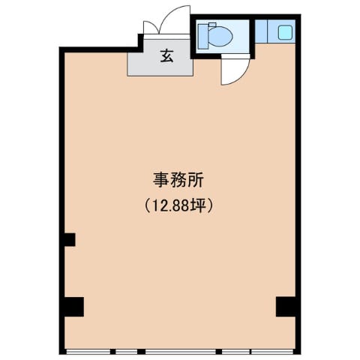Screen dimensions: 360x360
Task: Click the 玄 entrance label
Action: (166, 55)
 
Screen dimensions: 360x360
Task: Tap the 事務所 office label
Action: (178, 180)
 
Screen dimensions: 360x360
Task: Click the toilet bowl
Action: (220, 35)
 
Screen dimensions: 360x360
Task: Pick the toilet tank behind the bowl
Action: (203, 37)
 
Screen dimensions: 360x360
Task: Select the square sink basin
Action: (285, 32)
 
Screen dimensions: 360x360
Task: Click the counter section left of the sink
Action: (261, 31)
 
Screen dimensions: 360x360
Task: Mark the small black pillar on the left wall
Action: (70, 239)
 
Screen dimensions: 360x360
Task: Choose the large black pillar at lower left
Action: (74, 307)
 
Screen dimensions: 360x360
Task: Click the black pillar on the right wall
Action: (286, 307)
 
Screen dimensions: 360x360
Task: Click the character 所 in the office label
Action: (196, 180)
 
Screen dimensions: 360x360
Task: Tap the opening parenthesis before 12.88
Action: (148, 205)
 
